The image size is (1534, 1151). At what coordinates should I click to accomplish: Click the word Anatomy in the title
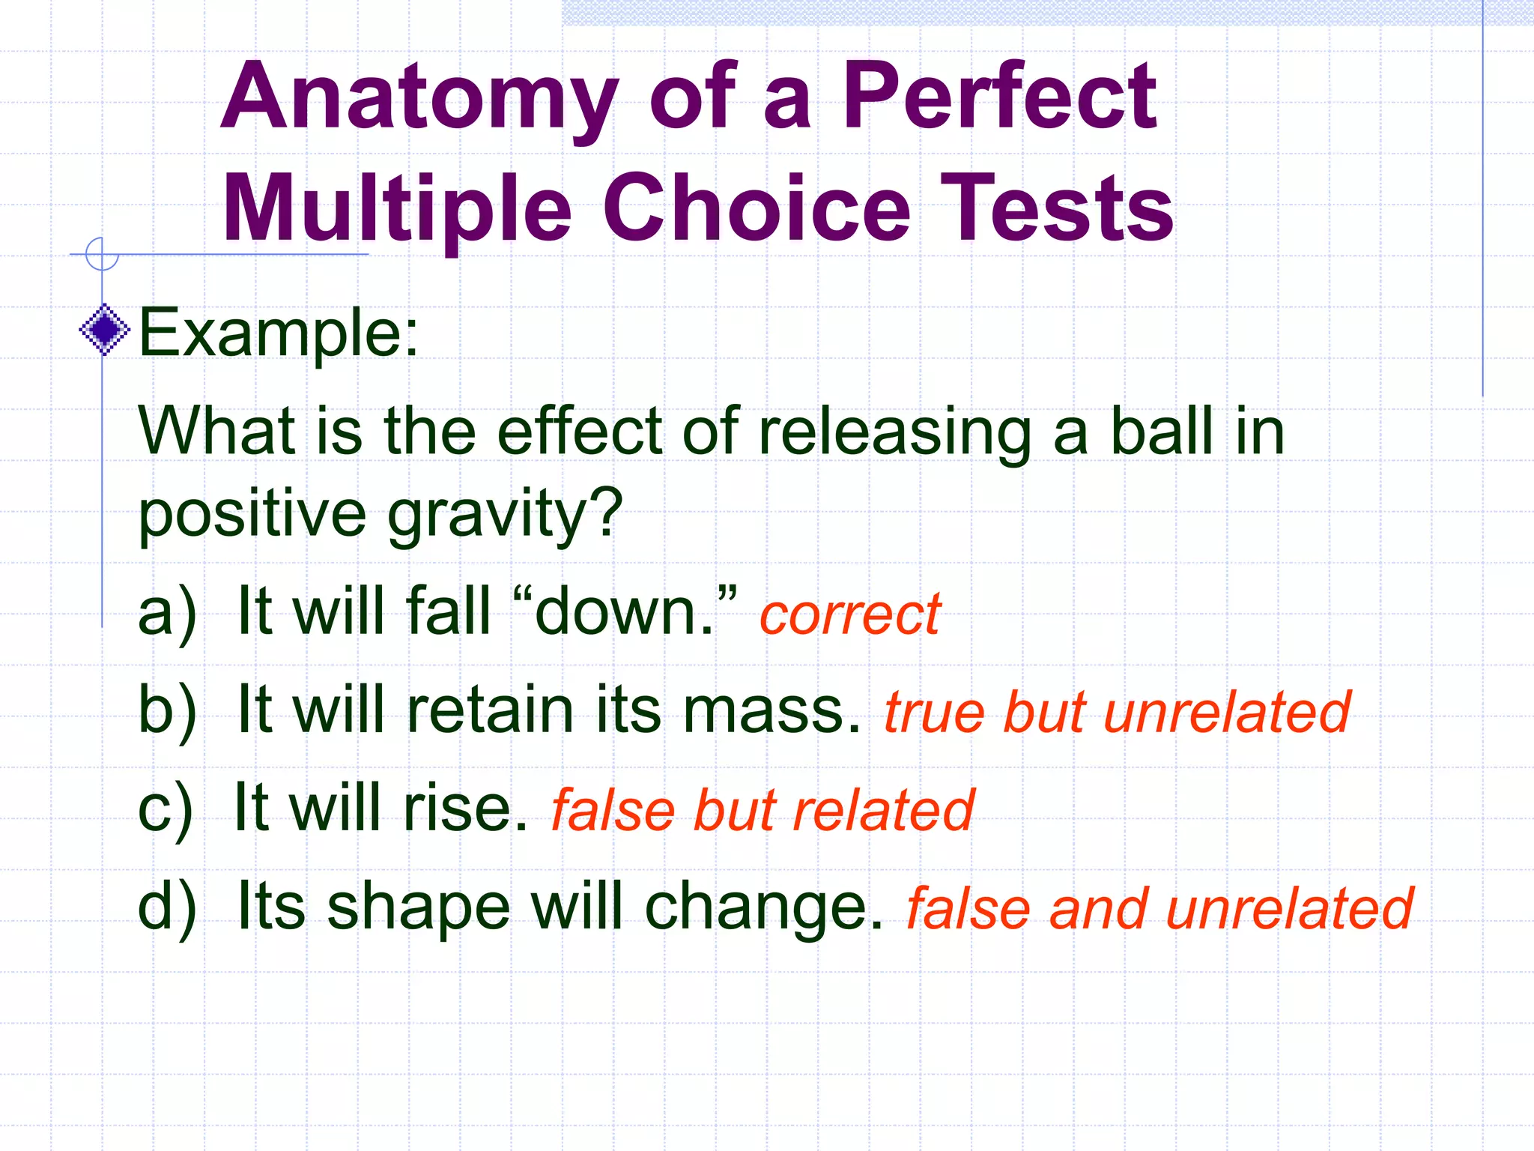[x=419, y=97]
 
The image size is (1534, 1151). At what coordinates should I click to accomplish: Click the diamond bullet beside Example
[x=105, y=330]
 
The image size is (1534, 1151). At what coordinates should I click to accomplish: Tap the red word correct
[x=849, y=614]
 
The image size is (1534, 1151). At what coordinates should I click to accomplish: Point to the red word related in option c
[x=883, y=810]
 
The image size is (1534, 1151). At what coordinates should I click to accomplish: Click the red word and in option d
[x=1098, y=909]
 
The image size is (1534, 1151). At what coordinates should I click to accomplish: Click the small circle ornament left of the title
[x=102, y=253]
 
